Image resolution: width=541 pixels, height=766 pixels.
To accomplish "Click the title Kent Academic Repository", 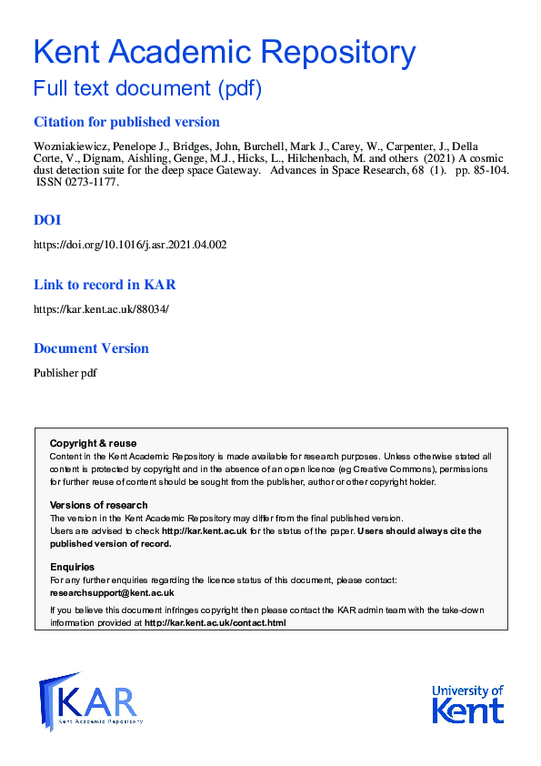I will point(225,51).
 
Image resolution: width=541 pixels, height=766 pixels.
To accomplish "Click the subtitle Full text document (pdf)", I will point(147,89).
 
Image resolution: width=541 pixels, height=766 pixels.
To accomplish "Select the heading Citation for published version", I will point(126,122).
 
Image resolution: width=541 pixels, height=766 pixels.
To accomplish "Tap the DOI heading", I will point(47,219).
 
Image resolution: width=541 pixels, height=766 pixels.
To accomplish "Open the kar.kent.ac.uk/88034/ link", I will point(101,309).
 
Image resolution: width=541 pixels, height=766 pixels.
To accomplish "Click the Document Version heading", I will point(91,348).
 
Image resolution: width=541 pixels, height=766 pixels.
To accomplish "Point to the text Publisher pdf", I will point(65,373).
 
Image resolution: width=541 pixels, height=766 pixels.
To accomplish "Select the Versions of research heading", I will point(98,505).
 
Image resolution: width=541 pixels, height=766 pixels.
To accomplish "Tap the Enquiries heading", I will point(72,567).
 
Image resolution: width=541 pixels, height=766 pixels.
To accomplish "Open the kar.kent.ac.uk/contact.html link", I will point(215,623).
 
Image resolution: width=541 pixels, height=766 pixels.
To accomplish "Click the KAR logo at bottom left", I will point(90,701).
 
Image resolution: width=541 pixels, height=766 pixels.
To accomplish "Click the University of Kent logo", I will point(467,703).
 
